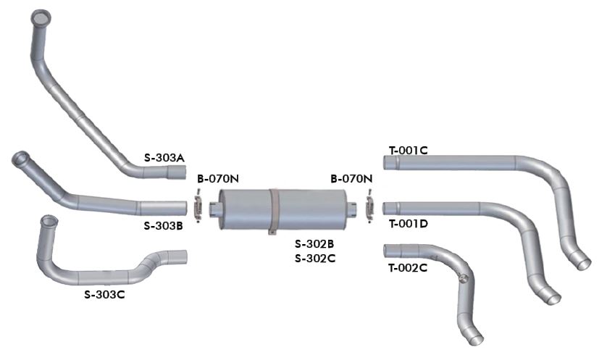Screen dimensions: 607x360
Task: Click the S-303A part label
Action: pos(164,158)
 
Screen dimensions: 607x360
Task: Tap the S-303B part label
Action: pos(164,226)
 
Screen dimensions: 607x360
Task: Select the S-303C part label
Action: pos(104,295)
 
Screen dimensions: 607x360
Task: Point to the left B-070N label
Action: pos(218,179)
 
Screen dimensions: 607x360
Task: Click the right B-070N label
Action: pos(351,179)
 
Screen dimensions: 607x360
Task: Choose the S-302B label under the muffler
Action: pos(314,244)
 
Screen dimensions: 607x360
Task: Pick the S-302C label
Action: pos(315,258)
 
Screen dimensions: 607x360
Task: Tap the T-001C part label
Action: pos(409,150)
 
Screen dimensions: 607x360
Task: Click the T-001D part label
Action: pos(409,224)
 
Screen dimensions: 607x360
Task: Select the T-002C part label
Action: pos(408,268)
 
